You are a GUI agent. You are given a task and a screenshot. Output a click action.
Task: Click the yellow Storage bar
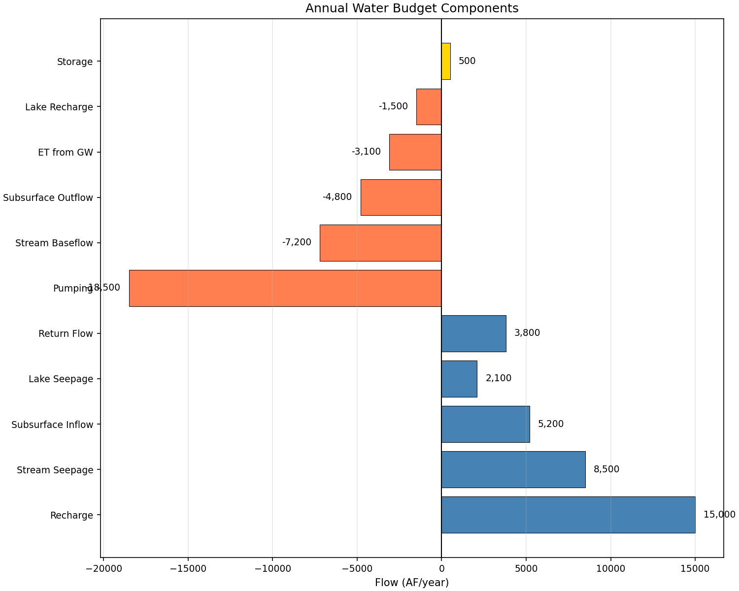[446, 61]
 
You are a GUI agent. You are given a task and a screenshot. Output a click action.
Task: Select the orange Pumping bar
[285, 288]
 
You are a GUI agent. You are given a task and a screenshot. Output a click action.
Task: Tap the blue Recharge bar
[568, 515]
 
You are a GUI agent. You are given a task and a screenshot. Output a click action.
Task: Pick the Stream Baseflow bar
[380, 243]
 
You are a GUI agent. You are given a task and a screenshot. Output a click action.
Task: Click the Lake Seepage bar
[459, 379]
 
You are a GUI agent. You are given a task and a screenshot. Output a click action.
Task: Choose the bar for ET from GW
[415, 152]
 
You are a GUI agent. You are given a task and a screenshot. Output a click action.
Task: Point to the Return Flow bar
[473, 333]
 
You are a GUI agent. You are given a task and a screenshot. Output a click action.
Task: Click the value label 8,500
[606, 469]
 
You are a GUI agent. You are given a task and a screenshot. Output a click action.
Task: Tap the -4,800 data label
[337, 197]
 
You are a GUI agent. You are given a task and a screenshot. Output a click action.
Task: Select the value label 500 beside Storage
[467, 61]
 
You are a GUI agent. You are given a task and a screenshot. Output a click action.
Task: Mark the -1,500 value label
[393, 106]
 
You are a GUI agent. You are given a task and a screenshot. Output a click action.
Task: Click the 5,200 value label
[550, 424]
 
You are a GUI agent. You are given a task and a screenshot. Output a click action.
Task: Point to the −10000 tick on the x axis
[272, 569]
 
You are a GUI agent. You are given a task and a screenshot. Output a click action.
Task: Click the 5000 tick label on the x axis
[526, 569]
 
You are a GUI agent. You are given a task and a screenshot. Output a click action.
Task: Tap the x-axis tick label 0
[441, 569]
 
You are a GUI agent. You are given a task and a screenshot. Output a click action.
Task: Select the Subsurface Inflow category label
[52, 425]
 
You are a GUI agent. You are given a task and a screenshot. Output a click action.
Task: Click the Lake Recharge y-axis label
[59, 107]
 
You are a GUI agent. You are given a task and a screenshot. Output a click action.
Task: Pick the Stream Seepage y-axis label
[55, 470]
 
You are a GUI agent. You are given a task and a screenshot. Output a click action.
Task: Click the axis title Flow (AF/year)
[411, 583]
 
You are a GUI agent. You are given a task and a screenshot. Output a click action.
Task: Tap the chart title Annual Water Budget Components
[411, 8]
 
